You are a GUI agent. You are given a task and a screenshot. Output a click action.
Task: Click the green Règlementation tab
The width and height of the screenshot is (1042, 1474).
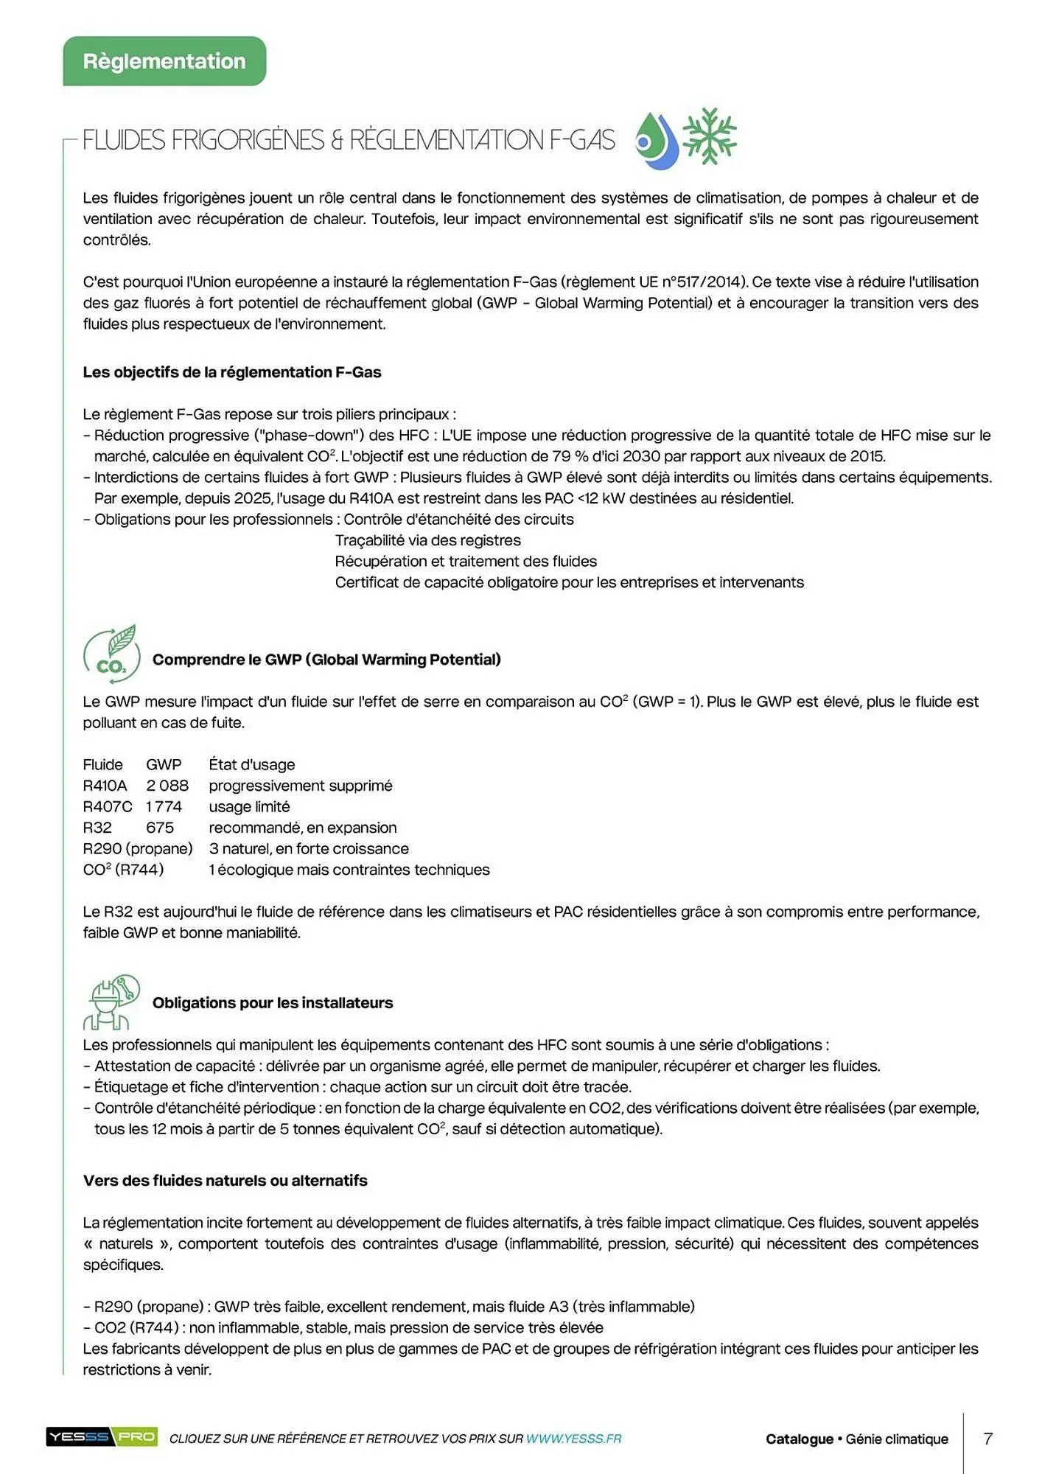(164, 61)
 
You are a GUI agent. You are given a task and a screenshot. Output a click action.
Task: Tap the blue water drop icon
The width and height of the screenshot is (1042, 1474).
(657, 141)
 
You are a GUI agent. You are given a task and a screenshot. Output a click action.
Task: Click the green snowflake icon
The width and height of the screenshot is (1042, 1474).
(709, 136)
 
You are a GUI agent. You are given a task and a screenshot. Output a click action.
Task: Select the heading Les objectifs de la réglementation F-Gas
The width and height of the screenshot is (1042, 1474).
(232, 372)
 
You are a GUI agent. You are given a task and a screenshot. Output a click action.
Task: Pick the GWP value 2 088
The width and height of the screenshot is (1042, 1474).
(167, 786)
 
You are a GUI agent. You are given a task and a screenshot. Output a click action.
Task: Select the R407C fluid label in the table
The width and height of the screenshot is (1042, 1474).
(108, 806)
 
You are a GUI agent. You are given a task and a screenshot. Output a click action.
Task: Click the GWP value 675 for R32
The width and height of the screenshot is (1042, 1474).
(160, 828)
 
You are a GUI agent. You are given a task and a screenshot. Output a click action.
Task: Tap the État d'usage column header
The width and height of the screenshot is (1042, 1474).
(252, 764)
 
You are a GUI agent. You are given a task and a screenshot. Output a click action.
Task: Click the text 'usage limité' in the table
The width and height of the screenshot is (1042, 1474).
(249, 806)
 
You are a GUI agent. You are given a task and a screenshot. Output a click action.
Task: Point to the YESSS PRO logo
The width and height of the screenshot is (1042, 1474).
(102, 1436)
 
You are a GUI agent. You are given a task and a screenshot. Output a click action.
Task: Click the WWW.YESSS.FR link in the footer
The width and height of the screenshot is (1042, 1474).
(573, 1438)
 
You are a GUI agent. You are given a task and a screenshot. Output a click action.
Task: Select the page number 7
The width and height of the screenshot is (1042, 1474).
(987, 1438)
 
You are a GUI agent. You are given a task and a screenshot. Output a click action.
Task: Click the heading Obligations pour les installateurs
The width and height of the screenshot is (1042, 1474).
(273, 1002)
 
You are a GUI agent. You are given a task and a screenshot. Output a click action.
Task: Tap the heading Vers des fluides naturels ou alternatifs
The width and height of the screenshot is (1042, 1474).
(225, 1180)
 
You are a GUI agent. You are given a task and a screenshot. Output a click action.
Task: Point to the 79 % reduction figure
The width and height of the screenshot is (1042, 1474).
(572, 456)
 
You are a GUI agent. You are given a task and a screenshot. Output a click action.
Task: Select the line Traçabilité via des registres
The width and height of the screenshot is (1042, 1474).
(427, 540)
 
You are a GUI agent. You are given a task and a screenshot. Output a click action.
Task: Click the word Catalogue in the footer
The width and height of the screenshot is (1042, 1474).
(799, 1439)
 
